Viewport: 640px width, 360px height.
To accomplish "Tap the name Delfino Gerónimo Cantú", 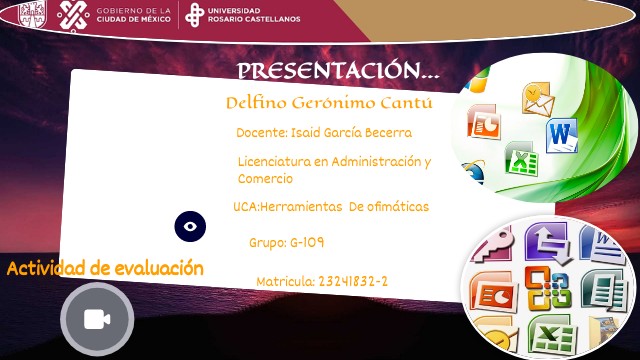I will tap(330, 103).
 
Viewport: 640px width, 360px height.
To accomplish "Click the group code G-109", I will tap(306, 242).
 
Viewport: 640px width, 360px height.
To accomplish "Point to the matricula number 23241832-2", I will tap(353, 282).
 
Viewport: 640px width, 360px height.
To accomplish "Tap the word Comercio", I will tap(265, 178).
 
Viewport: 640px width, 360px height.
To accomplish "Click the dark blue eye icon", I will tap(190, 226).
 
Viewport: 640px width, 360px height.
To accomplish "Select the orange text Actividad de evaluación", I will tap(105, 268).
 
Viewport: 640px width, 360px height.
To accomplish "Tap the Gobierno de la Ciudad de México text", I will tap(136, 16).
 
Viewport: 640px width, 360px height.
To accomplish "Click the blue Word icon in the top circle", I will tap(560, 134).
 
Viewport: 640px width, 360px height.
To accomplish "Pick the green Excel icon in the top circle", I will tap(521, 158).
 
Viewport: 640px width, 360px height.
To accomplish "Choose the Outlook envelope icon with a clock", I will tap(538, 99).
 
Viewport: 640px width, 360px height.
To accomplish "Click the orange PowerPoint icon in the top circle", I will tap(484, 124).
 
